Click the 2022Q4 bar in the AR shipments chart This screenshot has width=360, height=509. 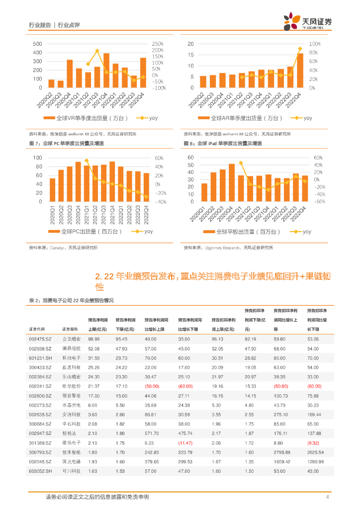tap(300, 70)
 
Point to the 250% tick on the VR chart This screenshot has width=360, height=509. tap(158, 44)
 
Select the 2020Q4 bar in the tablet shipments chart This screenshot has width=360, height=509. tap(232, 182)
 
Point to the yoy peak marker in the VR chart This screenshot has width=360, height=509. tap(97, 51)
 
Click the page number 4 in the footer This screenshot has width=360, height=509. tap(328, 497)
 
